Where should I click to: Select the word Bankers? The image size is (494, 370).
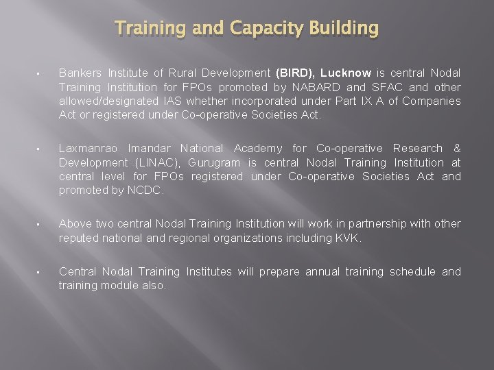coord(80,73)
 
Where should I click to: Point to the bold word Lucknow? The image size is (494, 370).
coord(346,73)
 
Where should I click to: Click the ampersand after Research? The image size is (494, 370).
coord(457,148)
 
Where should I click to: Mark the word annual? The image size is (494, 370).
coord(322,271)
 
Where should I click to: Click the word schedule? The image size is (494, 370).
coord(412,271)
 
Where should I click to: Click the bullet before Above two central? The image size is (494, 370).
coord(40,225)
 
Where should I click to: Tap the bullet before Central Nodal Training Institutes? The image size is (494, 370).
coord(40,273)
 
